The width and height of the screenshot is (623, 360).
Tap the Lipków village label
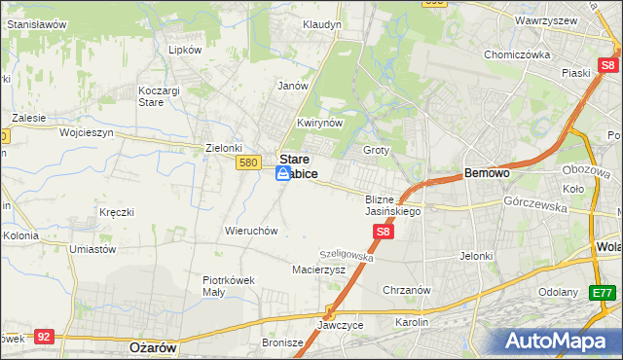pos(185,49)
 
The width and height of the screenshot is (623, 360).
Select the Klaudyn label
pos(319,24)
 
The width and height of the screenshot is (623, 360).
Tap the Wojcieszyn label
pos(87,131)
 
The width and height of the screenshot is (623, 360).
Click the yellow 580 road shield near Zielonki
pos(248,163)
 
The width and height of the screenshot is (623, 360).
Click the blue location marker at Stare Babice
pos(283,173)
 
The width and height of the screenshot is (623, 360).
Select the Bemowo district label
pos(487,172)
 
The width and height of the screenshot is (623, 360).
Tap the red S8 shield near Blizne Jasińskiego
pos(384,232)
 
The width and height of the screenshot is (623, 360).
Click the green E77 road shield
pos(603,292)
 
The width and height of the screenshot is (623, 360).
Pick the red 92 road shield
pos(43,336)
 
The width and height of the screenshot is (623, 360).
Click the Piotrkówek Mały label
pos(228,285)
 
